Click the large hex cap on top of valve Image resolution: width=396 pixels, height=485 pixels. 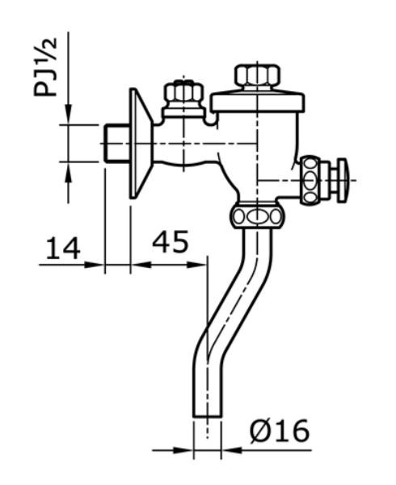click(x=257, y=77)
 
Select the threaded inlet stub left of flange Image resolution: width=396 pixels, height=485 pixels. click(x=116, y=144)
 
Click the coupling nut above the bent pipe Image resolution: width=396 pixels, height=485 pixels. click(x=256, y=216)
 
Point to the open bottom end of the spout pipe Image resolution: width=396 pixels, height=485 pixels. click(x=207, y=415)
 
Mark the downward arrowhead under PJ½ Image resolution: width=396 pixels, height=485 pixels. click(x=69, y=118)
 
